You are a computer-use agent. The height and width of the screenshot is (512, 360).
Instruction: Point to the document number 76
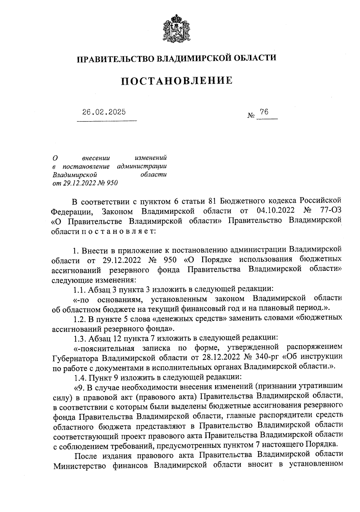(x=264, y=112)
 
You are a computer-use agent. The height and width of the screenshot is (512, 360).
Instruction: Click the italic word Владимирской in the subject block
(x=74, y=174)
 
